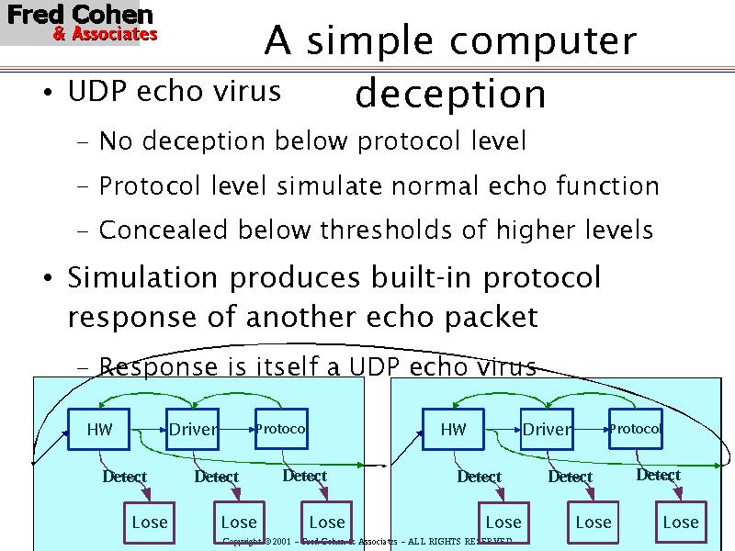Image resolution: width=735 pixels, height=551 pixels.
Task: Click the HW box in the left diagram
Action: tap(97, 429)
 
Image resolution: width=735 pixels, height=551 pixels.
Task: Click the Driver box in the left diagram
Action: tap(193, 429)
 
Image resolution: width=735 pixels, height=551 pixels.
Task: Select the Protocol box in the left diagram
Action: tap(280, 429)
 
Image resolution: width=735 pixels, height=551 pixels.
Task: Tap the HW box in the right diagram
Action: tap(454, 429)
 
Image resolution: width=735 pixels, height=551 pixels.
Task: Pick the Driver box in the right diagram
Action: tap(547, 429)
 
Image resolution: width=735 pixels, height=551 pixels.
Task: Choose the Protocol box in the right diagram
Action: tap(635, 429)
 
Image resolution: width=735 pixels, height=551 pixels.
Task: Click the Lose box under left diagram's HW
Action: tap(150, 523)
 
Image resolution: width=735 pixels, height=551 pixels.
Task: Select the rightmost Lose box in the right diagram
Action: tap(681, 523)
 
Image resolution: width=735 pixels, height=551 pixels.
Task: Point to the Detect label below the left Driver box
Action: tap(217, 477)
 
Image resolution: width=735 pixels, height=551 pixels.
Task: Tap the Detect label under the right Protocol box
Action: tap(659, 475)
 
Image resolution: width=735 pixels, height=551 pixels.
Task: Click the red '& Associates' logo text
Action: tap(105, 35)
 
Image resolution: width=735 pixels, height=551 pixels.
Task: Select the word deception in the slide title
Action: tap(450, 94)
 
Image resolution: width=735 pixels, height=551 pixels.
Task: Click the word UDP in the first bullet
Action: tap(99, 92)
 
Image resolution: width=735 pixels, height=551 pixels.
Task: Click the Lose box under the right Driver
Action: tap(593, 523)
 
